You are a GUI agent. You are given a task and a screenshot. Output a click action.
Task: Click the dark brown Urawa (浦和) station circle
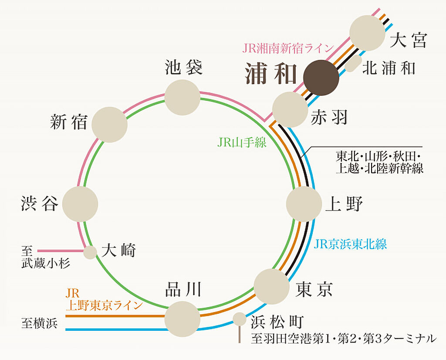(321, 78)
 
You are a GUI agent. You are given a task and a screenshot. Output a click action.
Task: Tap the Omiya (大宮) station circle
(367, 33)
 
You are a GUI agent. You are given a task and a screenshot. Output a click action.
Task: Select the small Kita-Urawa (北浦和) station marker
(353, 64)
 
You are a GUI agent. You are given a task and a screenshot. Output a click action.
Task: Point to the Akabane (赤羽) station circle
(290, 109)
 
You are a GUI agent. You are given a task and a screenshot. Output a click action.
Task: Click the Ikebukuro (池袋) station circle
(182, 97)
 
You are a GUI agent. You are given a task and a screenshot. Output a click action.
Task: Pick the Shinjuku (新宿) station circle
(109, 125)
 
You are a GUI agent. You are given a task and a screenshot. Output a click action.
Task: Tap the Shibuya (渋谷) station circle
(80, 204)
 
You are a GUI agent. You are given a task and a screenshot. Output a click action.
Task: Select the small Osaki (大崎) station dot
(90, 252)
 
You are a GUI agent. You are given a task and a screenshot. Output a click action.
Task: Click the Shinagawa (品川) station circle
(182, 319)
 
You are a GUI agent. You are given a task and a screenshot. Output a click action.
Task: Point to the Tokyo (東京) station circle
(272, 287)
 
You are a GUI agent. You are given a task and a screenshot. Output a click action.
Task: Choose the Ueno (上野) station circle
(304, 204)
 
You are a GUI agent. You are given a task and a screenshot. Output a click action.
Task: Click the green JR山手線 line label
(242, 142)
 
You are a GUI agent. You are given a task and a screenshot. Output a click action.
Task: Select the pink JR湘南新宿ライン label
(287, 48)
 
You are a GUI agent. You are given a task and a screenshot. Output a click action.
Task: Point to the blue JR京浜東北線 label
(351, 244)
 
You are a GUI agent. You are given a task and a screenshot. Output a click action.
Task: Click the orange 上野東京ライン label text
(104, 306)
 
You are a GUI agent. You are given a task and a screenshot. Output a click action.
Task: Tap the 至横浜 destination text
(40, 323)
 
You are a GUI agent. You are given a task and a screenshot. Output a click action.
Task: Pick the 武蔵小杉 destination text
(46, 264)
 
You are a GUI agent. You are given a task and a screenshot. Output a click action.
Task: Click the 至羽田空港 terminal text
(344, 339)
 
